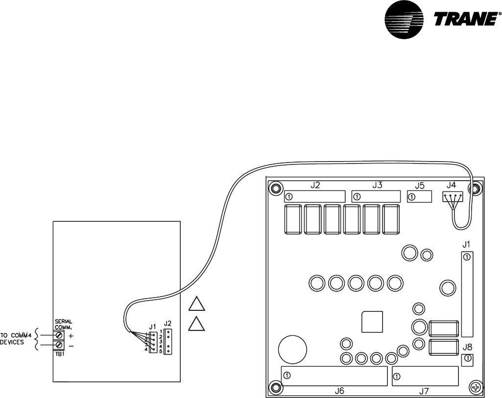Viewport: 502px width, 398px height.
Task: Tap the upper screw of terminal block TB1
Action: click(x=59, y=335)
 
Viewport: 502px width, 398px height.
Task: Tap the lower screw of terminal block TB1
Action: click(x=59, y=346)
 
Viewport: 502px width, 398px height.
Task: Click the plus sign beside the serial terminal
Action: click(x=71, y=336)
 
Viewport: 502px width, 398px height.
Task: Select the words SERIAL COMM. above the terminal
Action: click(x=63, y=325)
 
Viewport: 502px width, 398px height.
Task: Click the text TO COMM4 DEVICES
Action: click(x=18, y=339)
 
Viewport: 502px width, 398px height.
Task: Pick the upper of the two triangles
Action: click(x=196, y=304)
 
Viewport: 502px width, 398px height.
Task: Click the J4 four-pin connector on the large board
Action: click(x=452, y=197)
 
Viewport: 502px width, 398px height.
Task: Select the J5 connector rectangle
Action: click(x=419, y=197)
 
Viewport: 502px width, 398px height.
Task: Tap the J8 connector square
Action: click(x=468, y=359)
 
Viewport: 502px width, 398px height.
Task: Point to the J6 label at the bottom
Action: click(x=339, y=391)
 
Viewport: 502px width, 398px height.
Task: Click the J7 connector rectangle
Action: click(x=425, y=376)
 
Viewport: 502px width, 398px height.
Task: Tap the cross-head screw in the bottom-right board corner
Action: click(x=475, y=386)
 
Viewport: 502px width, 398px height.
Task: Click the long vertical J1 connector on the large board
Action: click(x=467, y=294)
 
